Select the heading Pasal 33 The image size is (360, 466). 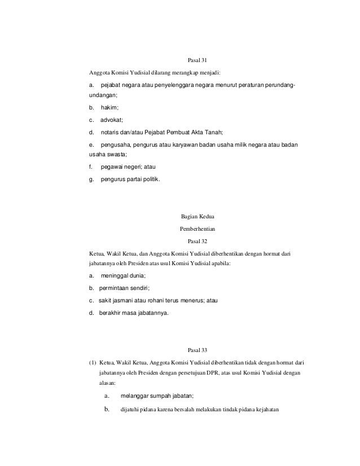197,350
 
